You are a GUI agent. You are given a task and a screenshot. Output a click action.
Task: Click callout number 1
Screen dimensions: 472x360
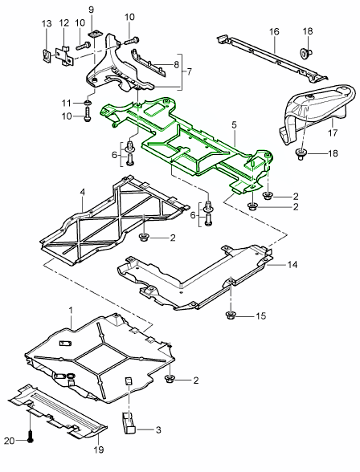70,309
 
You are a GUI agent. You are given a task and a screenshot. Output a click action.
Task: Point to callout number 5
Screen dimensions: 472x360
234,126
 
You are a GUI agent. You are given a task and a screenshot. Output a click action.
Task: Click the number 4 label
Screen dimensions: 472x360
82,192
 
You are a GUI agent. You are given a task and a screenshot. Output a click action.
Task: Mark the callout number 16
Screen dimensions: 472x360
274,33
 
